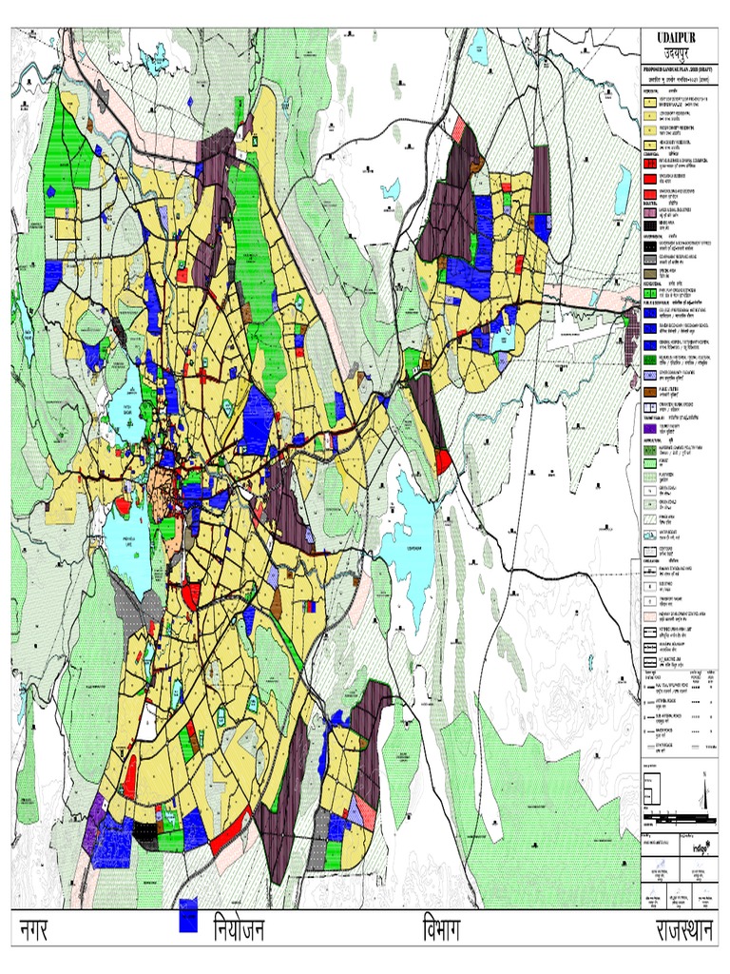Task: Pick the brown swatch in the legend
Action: pyautogui.click(x=651, y=390)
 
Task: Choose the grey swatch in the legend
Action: pyautogui.click(x=651, y=272)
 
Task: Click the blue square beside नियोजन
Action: pyautogui.click(x=188, y=915)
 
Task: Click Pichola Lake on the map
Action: pyautogui.click(x=129, y=542)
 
